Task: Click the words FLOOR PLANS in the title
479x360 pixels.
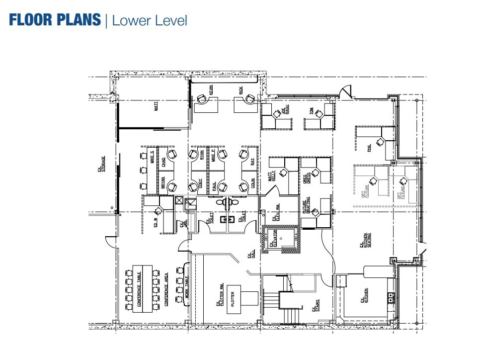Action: click(55, 20)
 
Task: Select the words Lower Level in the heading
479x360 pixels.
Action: click(150, 20)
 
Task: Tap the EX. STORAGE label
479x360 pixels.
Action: click(101, 165)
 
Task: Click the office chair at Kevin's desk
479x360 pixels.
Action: click(202, 99)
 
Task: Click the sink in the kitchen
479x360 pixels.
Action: click(391, 298)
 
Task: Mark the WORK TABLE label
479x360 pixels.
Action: click(187, 287)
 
